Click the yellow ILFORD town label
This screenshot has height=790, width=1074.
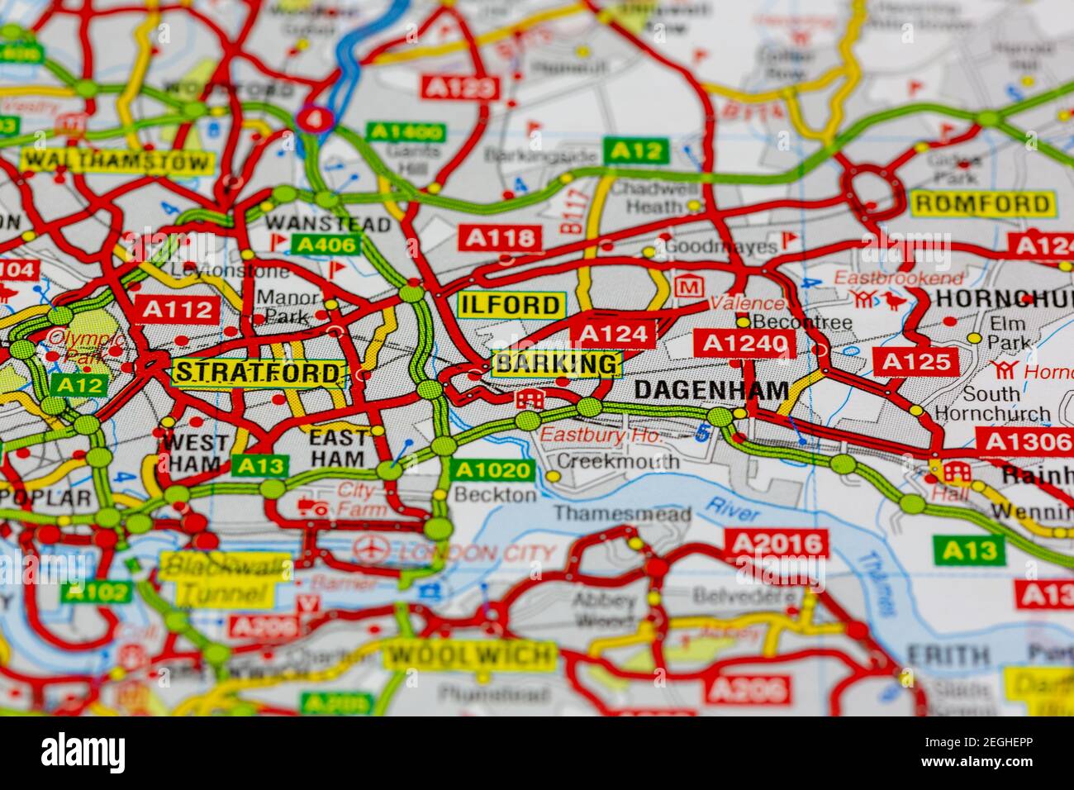tap(511, 305)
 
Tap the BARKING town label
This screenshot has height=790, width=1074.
tap(556, 364)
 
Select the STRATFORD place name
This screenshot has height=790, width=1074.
tap(259, 373)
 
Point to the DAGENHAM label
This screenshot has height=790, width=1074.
tap(711, 390)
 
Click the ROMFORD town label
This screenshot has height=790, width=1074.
tap(983, 203)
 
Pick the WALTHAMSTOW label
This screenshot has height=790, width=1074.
tap(116, 161)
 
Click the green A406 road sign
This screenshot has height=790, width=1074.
tap(327, 245)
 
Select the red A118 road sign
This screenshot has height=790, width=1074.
tap(500, 239)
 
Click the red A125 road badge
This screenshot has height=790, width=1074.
tap(915, 361)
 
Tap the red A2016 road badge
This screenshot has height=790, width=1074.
tap(776, 543)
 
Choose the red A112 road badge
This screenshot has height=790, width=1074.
tap(178, 309)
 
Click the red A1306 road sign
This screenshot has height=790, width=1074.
tap(1024, 441)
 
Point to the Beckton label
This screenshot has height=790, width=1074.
tap(496, 494)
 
